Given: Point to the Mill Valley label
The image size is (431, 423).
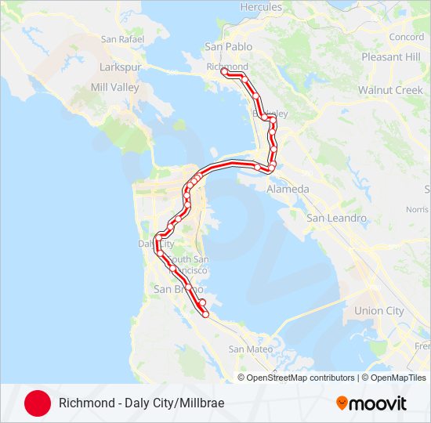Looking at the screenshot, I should coord(114,87).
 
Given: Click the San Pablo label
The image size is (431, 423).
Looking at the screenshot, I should coord(224,46).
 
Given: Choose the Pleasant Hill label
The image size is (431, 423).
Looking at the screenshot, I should coord(391,57).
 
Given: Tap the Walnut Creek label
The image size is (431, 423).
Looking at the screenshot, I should coord(390,90).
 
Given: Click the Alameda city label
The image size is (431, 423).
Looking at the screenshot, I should coord(288,190).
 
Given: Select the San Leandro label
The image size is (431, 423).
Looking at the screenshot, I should coord(336,218).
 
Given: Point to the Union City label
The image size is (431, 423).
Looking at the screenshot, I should coord(379,311).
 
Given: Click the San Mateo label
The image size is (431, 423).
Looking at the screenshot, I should coord(249,349).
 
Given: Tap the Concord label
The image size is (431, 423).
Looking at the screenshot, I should coord(406,37).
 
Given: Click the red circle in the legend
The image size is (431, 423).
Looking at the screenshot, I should coord(38,403).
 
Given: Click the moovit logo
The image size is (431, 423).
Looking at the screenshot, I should coord(371,403).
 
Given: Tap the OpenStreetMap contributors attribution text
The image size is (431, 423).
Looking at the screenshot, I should coord(301,378).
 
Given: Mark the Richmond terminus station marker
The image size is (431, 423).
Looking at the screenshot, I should coord(224,71).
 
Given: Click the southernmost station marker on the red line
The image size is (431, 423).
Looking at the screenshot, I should coord(206,314).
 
